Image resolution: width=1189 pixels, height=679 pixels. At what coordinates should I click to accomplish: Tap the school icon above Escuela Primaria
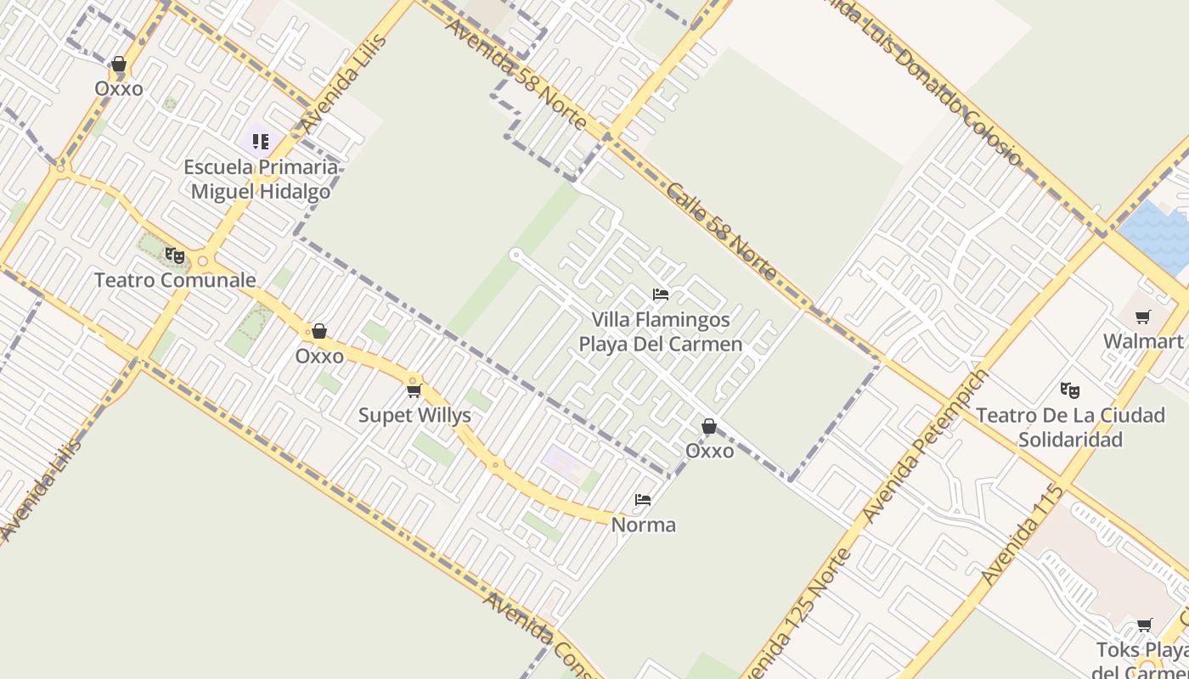(260, 141)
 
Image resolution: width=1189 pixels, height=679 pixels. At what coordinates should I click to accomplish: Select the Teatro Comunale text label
(175, 279)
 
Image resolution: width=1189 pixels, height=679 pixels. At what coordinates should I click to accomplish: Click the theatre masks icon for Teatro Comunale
(175, 255)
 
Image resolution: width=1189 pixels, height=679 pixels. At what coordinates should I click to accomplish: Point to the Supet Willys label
(414, 415)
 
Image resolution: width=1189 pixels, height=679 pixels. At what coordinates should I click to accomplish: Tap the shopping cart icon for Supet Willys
(414, 390)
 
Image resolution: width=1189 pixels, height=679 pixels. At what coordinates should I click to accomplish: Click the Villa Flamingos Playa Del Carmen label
(661, 332)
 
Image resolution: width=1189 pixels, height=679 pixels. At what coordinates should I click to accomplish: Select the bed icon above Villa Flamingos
(661, 295)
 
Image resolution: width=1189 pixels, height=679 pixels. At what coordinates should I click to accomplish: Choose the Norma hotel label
(644, 525)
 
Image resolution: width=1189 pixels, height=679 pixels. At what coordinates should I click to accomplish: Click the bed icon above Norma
(644, 500)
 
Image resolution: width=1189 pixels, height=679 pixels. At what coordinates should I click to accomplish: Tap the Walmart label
(1143, 341)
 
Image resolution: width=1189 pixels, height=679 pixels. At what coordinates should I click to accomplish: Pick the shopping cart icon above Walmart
(1143, 317)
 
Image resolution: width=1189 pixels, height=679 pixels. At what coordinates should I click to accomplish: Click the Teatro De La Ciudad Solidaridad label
(1069, 427)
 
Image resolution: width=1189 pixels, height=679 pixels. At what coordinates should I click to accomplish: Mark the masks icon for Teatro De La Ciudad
(1069, 390)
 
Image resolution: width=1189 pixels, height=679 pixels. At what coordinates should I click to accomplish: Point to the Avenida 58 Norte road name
(516, 75)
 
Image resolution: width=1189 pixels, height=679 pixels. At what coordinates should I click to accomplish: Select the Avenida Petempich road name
(926, 446)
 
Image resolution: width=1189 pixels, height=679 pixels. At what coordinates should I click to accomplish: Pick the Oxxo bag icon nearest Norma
(709, 426)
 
